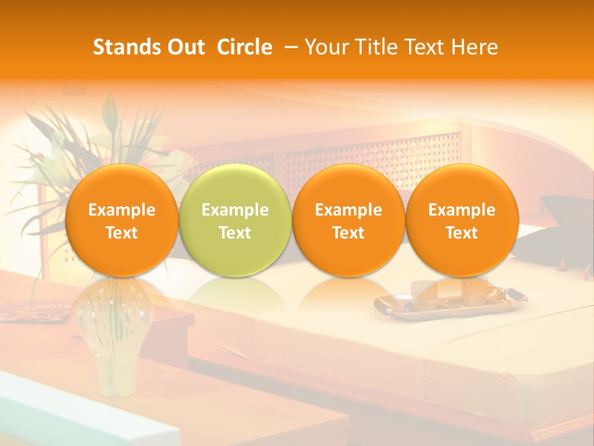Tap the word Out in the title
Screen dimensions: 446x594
[x=184, y=47]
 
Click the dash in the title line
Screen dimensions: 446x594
[x=293, y=47]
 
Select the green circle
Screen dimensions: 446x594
[x=235, y=220]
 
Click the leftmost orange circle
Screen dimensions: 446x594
[x=121, y=220]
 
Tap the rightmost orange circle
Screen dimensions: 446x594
[x=462, y=220]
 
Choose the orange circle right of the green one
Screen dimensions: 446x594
[x=348, y=220]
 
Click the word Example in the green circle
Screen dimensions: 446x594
[x=235, y=210]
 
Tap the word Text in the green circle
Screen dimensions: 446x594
[x=235, y=233]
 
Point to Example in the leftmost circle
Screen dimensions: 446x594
[x=121, y=210]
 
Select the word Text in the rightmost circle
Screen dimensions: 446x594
[x=462, y=233]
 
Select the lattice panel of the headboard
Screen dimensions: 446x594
[x=371, y=152]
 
